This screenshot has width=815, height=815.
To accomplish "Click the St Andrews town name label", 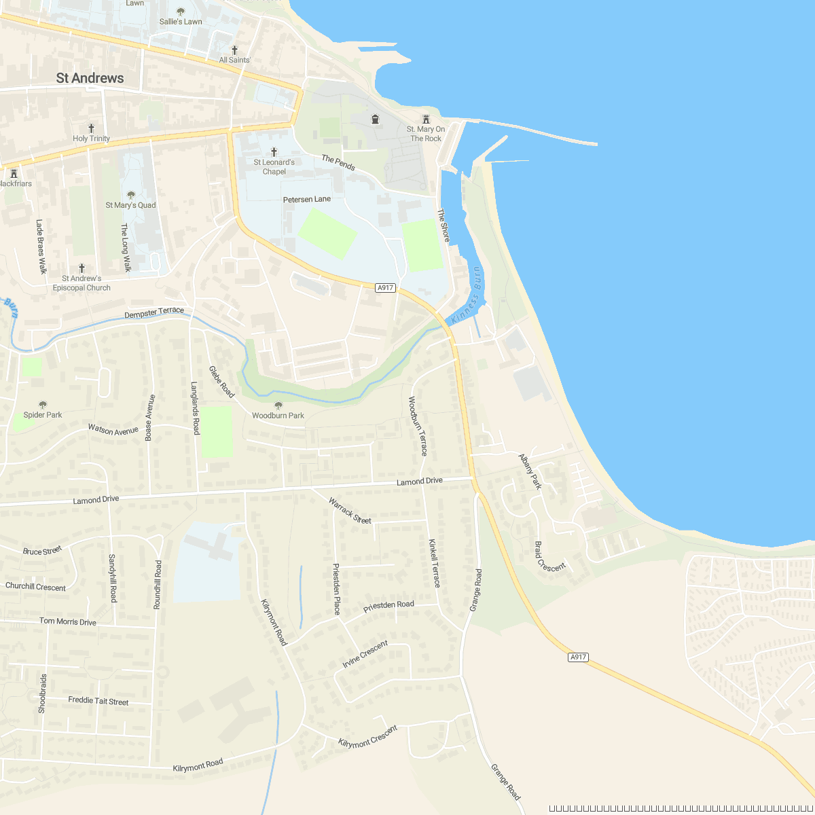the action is click(x=90, y=78).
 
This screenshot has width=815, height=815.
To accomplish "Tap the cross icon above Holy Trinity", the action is click(x=91, y=128).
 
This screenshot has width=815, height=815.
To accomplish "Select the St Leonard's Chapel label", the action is click(x=274, y=167).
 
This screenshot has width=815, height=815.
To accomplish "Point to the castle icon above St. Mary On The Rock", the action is click(x=426, y=119).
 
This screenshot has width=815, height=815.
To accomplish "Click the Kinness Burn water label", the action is click(x=467, y=296).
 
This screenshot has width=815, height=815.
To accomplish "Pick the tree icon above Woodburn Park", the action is click(x=278, y=405).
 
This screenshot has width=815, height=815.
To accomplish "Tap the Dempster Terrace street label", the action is click(x=154, y=312).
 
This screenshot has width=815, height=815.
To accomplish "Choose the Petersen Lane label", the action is click(x=307, y=199).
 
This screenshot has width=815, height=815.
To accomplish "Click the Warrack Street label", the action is click(x=350, y=511).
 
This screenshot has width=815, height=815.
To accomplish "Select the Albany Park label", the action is click(x=530, y=471).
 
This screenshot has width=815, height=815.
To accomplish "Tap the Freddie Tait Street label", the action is click(x=98, y=701).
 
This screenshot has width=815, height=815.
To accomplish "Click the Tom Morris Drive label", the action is click(x=68, y=621).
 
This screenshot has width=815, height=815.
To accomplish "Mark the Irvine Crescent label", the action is click(x=365, y=654).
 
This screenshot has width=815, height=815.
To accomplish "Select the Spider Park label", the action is click(x=43, y=415).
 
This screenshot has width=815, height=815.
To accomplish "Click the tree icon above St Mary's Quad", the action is click(x=131, y=195).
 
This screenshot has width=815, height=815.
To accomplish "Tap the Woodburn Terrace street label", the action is click(x=418, y=426).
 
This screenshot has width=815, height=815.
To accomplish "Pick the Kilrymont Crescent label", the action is click(x=367, y=737).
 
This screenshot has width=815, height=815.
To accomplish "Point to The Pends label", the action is click(x=338, y=163).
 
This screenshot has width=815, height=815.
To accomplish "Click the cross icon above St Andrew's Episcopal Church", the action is click(x=81, y=268).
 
